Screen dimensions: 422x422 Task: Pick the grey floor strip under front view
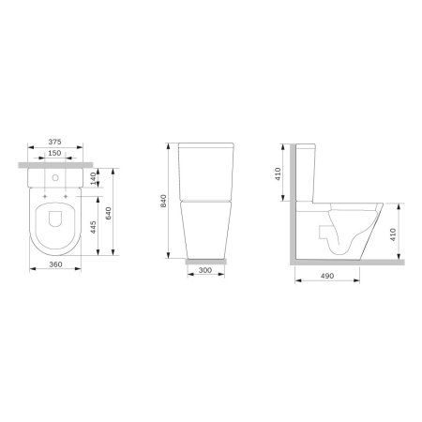pos(206,260)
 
